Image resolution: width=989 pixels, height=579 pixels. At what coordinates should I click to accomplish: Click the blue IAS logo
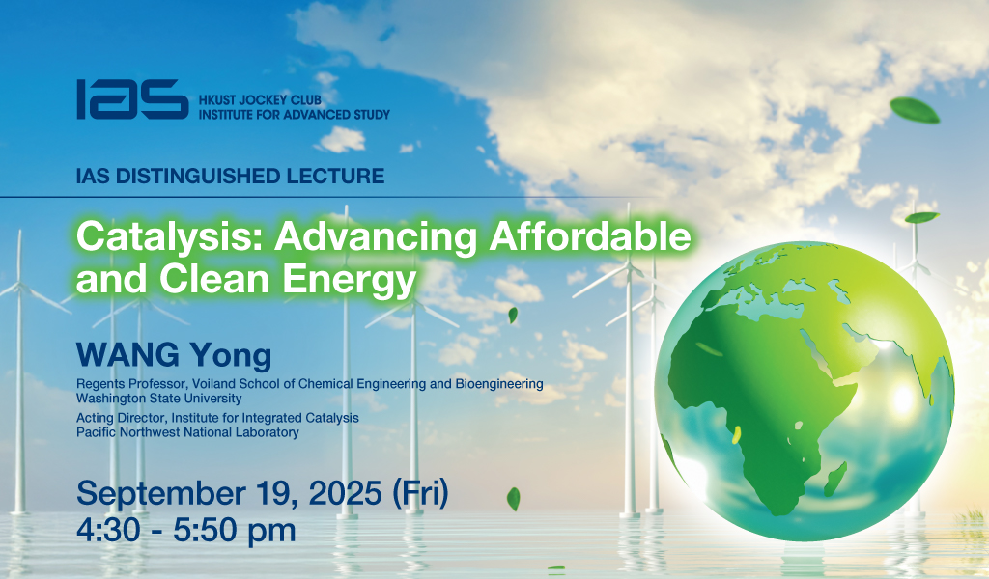tap(132, 99)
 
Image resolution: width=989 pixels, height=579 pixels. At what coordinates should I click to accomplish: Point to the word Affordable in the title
tap(590, 236)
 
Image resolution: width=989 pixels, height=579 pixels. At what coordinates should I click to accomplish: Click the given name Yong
tap(231, 357)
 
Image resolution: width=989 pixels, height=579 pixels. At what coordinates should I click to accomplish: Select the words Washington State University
tap(159, 399)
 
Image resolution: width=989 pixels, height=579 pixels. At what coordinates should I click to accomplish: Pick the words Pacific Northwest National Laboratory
tap(187, 432)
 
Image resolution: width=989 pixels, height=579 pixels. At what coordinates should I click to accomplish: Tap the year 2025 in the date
tap(345, 493)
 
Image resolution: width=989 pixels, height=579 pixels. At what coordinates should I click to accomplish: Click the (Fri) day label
tap(420, 493)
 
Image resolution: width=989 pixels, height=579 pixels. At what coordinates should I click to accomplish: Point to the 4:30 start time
tap(108, 530)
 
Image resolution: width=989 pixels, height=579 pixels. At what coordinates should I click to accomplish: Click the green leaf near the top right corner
tap(915, 110)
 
